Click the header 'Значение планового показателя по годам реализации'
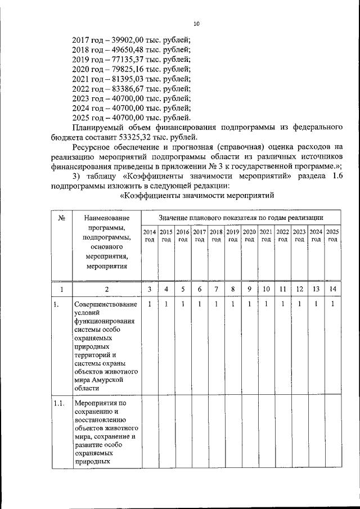click(x=241, y=217)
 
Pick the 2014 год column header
click(x=149, y=236)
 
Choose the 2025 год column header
click(x=332, y=236)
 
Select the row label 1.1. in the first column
click(x=59, y=403)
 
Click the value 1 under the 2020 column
click(x=249, y=304)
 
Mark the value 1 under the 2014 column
click(x=149, y=304)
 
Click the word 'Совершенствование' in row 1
click(x=105, y=305)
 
